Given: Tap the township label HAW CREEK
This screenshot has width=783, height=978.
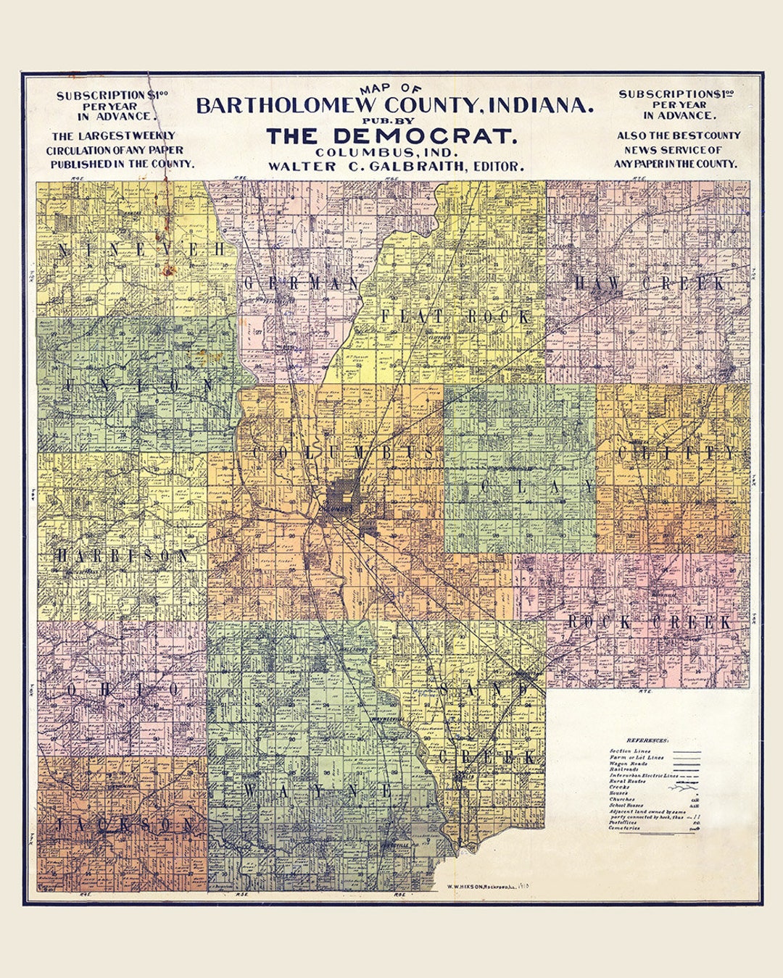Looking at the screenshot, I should [x=650, y=283].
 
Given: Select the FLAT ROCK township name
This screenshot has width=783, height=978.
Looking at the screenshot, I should [x=455, y=317].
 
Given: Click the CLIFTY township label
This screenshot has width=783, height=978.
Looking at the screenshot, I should [x=676, y=453].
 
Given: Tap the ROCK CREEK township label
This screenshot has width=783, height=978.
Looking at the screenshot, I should [x=650, y=622].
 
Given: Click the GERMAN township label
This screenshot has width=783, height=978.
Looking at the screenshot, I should [x=302, y=283].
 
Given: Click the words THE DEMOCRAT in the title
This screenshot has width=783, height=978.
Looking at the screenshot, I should [x=391, y=135].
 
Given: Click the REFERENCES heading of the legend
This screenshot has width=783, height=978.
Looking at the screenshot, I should [x=647, y=741].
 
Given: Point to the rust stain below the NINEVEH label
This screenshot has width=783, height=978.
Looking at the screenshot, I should [x=171, y=271].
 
